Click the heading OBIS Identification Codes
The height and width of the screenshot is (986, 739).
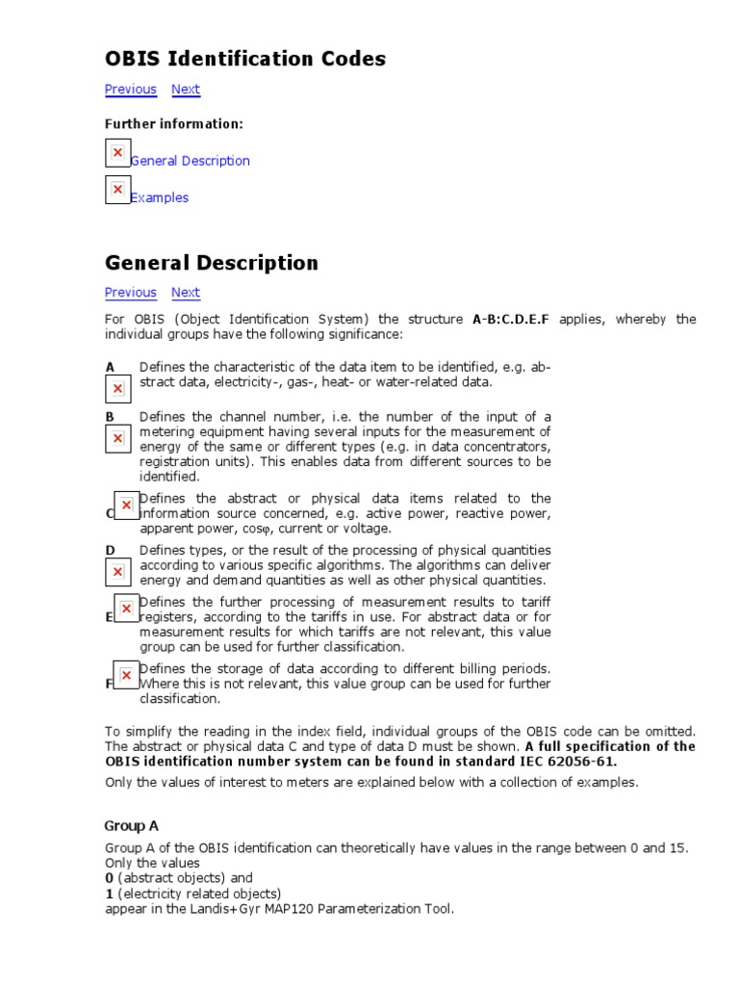245,59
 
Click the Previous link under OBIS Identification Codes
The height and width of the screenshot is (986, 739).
131,90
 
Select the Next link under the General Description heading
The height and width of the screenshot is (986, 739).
186,293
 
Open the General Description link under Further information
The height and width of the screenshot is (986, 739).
191,161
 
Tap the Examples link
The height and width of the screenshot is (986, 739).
160,197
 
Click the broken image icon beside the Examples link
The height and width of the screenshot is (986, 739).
117,190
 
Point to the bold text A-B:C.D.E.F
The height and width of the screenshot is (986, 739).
512,319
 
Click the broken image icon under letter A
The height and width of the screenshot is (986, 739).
117,388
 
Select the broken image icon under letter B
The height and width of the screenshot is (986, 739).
117,438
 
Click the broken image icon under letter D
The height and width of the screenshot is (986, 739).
117,572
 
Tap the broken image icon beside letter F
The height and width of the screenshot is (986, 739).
126,675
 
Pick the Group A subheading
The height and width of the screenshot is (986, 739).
132,826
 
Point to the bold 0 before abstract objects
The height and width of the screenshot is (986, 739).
109,878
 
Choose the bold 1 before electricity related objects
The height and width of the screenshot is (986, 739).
109,894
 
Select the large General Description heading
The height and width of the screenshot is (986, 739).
212,263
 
